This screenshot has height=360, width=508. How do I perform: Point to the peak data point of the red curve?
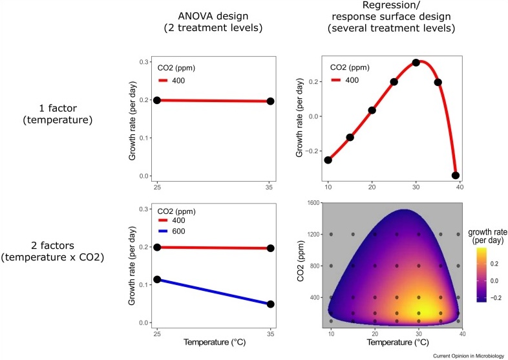click(x=416, y=63)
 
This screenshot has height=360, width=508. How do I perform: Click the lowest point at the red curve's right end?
click(x=456, y=175)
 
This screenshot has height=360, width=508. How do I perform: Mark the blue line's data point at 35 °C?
click(x=270, y=304)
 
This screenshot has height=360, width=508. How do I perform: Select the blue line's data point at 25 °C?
click(x=158, y=280)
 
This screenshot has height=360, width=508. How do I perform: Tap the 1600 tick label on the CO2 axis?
click(x=313, y=202)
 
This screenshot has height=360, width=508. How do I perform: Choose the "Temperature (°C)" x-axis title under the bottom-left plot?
click(x=214, y=342)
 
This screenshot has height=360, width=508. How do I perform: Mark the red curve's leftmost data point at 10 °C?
click(x=328, y=160)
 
